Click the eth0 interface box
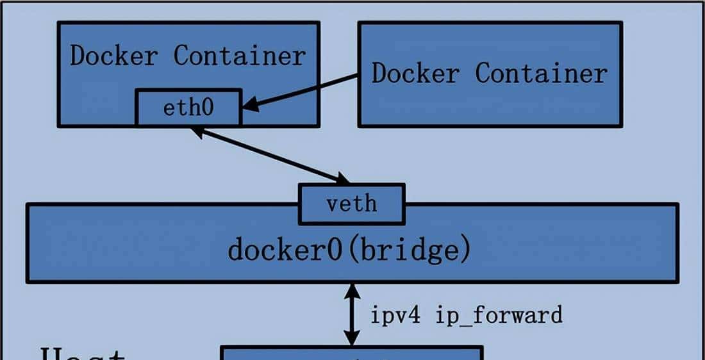[188, 108]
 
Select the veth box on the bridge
[351, 204]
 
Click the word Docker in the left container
[113, 56]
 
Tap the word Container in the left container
[240, 56]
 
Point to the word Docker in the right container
[415, 73]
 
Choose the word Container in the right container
[541, 73]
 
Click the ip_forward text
[499, 315]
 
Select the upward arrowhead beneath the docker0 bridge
[351, 291]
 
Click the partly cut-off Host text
[83, 353]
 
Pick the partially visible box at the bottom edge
[351, 353]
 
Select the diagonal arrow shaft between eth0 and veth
[269, 154]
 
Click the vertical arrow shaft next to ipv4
[351, 315]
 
